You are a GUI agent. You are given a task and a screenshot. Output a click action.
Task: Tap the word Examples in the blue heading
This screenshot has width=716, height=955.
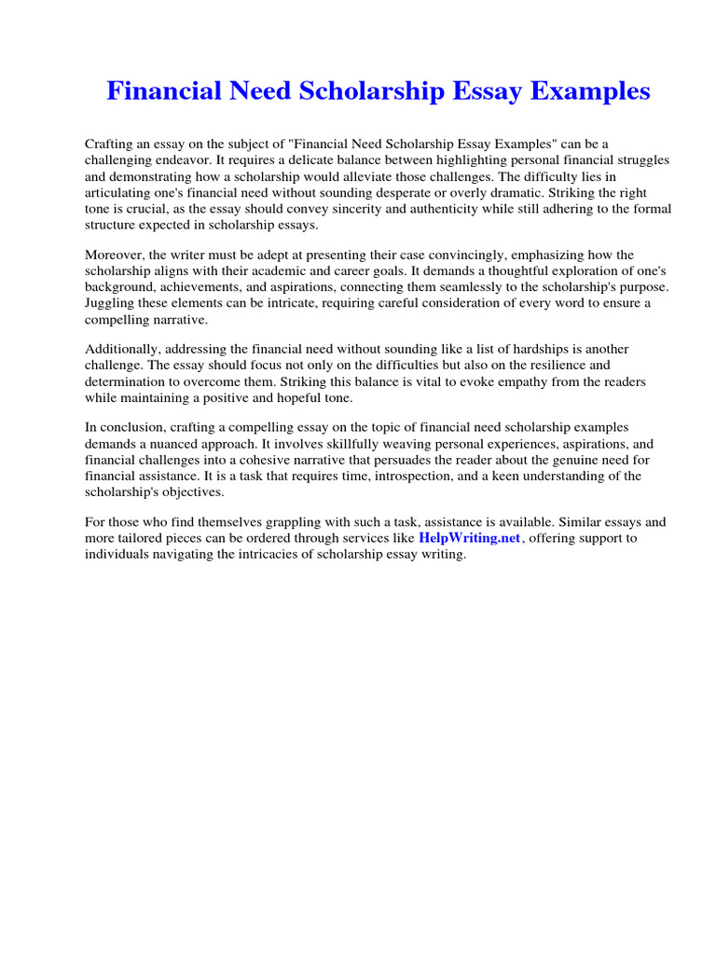tap(580, 91)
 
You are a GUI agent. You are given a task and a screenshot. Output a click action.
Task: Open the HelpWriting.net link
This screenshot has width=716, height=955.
tap(469, 538)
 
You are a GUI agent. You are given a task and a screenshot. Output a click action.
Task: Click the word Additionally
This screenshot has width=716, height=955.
tap(122, 350)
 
